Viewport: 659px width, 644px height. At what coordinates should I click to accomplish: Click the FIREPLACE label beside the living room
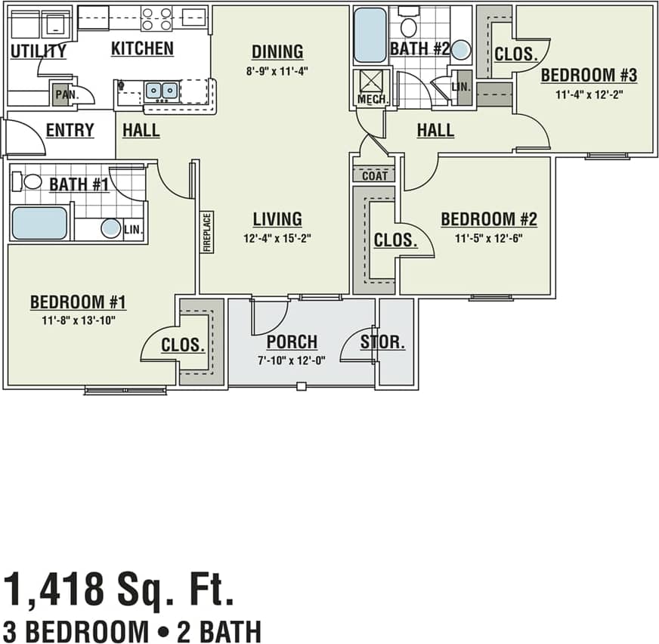(206, 232)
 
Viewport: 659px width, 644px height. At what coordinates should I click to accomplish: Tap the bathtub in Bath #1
(39, 223)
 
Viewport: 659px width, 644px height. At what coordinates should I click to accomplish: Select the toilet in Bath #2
(409, 26)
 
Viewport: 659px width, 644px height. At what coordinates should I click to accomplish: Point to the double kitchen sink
(161, 91)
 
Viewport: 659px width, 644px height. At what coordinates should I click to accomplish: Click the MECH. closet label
(371, 100)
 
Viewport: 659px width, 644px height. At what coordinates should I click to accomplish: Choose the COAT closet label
(374, 176)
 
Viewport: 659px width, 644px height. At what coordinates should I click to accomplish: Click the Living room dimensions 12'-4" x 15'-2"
(277, 237)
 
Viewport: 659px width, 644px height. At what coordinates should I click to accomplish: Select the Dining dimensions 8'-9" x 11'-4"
(277, 70)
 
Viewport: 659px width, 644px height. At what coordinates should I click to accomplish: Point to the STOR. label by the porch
(382, 342)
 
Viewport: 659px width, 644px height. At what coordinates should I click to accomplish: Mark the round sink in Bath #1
(111, 228)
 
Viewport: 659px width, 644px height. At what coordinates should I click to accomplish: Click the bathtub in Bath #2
(370, 35)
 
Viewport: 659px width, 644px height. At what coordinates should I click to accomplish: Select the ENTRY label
(70, 130)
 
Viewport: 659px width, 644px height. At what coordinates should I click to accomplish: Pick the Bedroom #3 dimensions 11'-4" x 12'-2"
(589, 94)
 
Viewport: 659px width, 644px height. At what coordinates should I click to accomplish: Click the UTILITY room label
(38, 51)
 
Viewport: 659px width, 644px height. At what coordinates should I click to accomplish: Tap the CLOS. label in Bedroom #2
(395, 240)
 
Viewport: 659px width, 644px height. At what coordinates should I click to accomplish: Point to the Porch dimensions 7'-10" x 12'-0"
(292, 360)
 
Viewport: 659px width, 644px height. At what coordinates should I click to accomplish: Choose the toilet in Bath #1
(29, 181)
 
